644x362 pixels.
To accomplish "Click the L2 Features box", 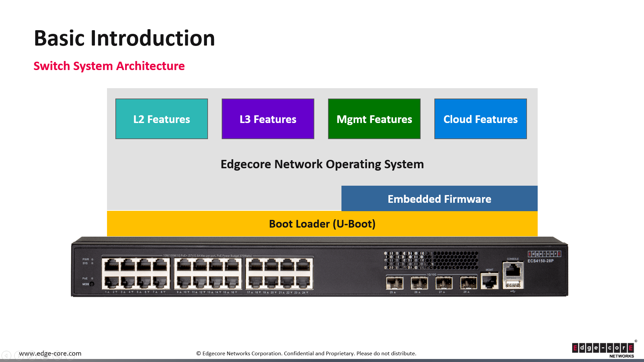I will [161, 119].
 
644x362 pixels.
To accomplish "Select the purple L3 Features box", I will [268, 119].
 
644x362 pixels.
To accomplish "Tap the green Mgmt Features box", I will [374, 119].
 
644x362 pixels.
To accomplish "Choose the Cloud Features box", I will [480, 119].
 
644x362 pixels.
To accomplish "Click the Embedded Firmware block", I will [439, 199].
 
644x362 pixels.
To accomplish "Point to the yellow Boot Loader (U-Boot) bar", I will [322, 224].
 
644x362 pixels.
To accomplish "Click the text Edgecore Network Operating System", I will [322, 164].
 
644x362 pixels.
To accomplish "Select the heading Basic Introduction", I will [124, 38].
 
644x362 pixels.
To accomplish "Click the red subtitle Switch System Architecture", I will [109, 66].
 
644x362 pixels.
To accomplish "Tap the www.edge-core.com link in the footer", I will [50, 353].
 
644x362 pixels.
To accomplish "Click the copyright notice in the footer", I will [306, 353].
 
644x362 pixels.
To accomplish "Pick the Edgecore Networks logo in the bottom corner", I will [603, 349].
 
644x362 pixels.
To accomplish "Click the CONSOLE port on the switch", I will [513, 270].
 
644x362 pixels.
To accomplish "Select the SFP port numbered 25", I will [394, 283].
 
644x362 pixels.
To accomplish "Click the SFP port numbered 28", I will [468, 283].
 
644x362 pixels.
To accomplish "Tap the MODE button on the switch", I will [92, 284].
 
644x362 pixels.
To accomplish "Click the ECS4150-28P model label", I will [540, 261].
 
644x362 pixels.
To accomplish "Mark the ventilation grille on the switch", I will [431, 260].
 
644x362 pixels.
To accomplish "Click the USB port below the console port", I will [513, 285].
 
